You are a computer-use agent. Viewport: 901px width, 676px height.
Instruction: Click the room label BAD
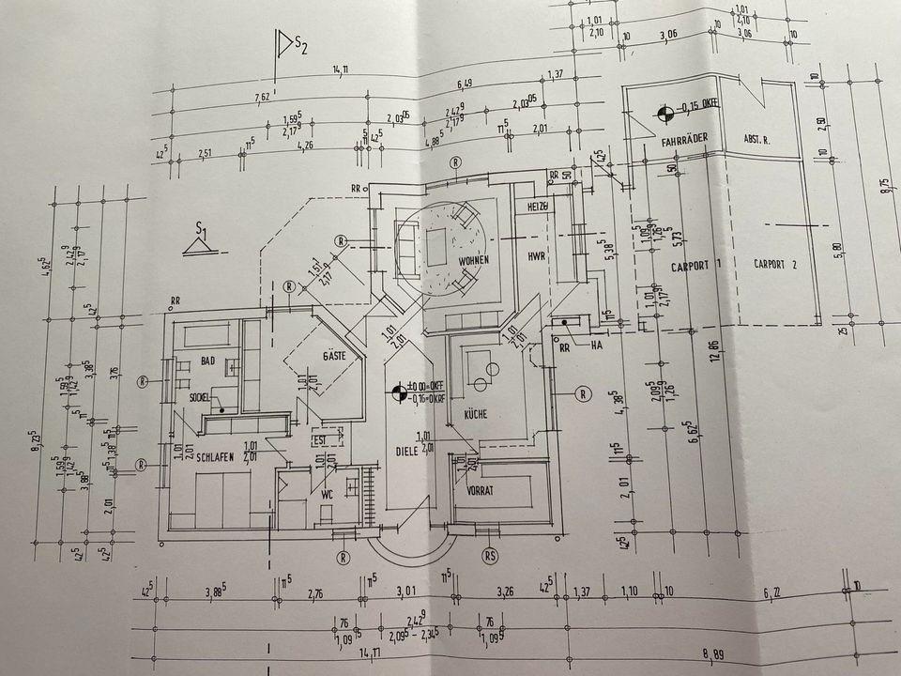point(208,360)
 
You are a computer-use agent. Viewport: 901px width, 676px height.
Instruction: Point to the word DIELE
point(405,450)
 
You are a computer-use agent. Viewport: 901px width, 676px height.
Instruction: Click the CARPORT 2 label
point(775,264)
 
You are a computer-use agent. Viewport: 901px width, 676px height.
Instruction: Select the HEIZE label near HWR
point(537,206)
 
